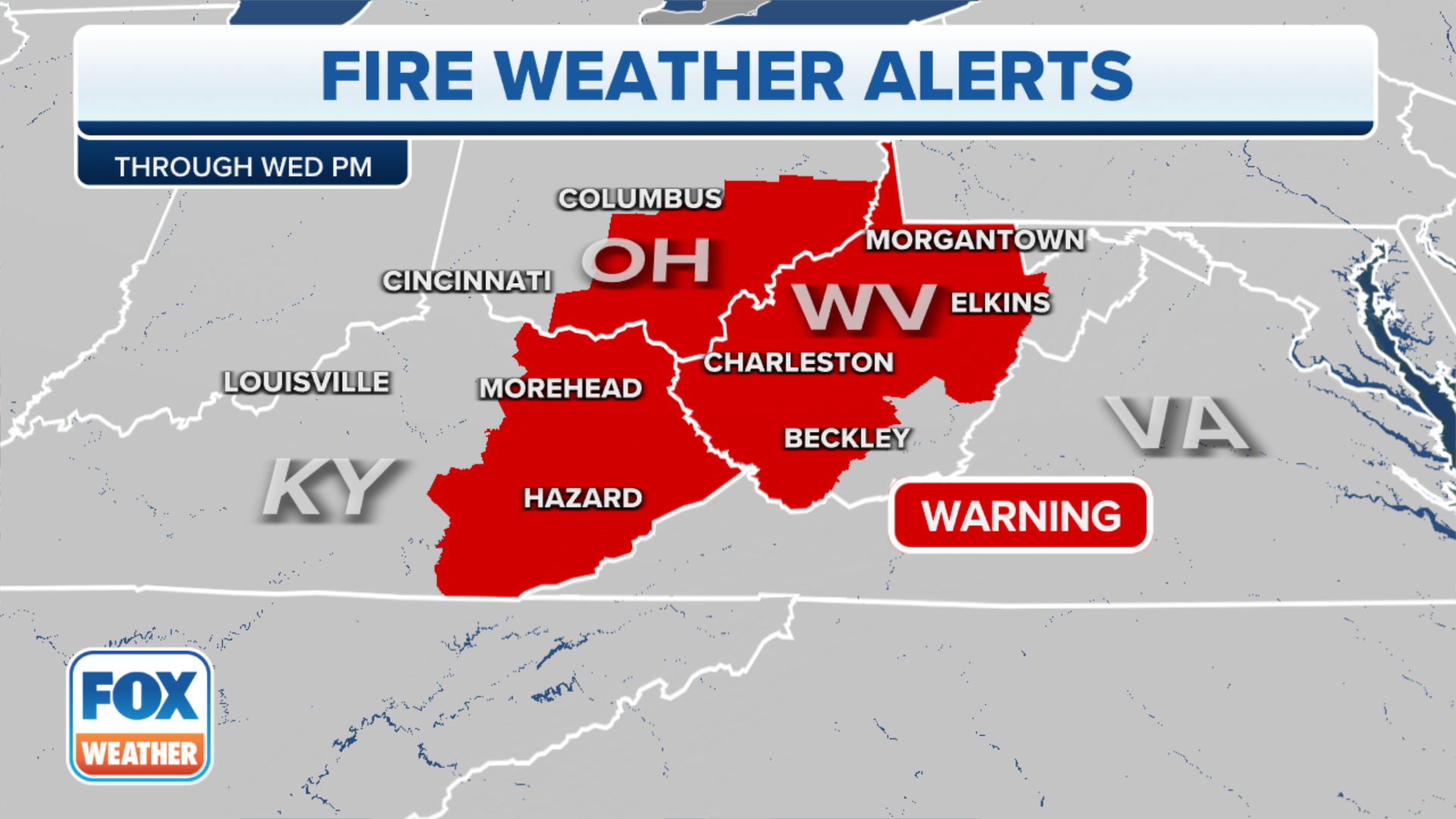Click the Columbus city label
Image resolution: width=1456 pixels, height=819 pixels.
point(640,199)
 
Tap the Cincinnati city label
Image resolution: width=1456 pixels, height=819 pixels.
point(466,281)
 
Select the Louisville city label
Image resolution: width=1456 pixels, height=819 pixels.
point(306,382)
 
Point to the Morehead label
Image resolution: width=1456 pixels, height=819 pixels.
point(560,388)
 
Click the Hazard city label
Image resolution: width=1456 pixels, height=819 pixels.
point(582,498)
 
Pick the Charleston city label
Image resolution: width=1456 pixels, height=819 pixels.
point(799,362)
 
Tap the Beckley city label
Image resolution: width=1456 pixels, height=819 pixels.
point(846,438)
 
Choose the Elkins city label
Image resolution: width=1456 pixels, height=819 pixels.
point(1000,303)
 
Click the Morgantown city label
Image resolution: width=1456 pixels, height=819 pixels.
point(975,240)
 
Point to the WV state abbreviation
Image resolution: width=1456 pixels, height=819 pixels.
point(865,307)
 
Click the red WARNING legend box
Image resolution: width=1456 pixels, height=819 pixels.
point(1021,516)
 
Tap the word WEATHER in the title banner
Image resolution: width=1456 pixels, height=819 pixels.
point(670,77)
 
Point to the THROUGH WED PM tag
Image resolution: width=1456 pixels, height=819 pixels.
point(243,167)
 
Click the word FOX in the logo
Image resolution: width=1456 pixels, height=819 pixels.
point(140,696)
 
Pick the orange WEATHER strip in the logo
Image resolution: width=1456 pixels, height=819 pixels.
point(140,754)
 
